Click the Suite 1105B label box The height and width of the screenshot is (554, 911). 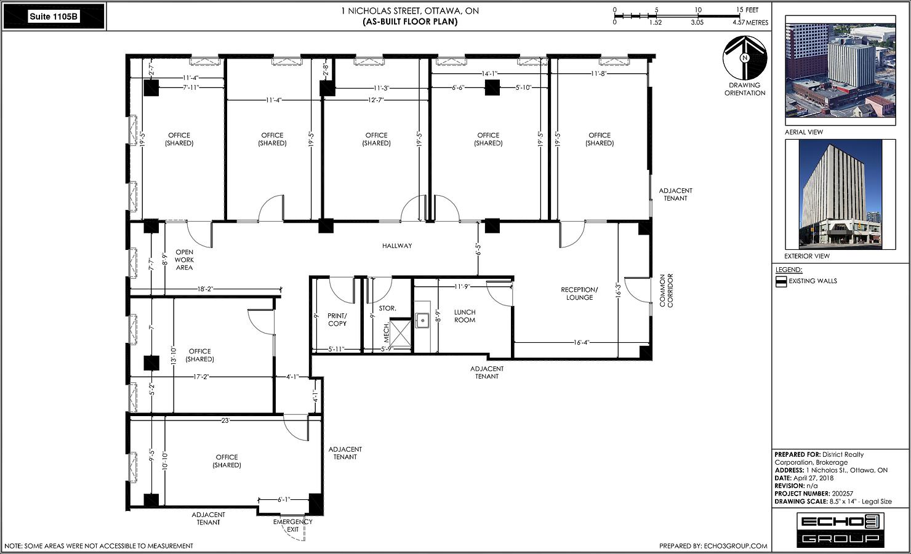coord(54,17)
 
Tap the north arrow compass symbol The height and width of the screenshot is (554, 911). coord(745,58)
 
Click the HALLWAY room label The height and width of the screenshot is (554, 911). coord(397,246)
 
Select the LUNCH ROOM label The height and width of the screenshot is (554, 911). coord(465,316)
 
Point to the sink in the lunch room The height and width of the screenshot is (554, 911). coord(422,321)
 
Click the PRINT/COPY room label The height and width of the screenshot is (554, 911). coord(337,319)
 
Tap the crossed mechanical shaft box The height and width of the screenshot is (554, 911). coord(400,334)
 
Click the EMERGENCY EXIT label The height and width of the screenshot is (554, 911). coord(293,526)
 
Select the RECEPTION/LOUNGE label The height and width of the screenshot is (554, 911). coord(580,294)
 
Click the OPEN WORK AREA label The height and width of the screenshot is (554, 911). coord(184,260)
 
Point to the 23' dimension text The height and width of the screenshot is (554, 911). coord(225,420)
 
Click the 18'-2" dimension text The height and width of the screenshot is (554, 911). coord(205,289)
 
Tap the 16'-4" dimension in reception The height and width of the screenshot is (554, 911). coord(582,342)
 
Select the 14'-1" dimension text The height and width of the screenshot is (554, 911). coord(489,74)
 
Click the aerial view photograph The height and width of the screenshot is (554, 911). coord(840,70)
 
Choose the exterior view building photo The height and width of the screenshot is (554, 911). coord(840,195)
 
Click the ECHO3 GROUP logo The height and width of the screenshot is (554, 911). coord(840,530)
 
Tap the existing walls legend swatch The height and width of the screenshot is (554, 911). coord(781,281)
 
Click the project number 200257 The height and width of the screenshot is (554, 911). coord(842,494)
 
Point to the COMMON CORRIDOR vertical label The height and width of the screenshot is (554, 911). coord(666,291)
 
